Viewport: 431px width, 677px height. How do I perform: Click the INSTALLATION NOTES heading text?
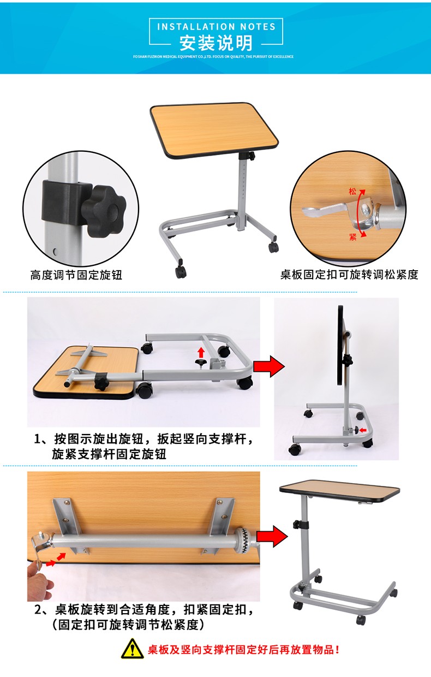216,27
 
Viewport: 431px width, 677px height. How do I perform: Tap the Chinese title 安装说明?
216,43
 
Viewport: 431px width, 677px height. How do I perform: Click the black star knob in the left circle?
104,211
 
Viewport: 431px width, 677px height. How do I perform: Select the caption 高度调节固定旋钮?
76,275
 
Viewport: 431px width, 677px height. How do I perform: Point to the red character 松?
352,191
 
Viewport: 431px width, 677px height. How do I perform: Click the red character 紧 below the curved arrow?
353,236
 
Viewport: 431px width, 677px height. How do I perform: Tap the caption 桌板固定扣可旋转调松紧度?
349,275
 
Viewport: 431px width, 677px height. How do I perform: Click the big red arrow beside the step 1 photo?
269,366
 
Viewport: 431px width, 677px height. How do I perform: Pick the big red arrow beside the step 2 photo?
272,536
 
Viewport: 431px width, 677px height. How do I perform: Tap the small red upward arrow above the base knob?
201,352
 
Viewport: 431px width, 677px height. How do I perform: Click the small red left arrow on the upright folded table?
363,430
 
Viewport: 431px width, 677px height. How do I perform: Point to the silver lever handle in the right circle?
325,210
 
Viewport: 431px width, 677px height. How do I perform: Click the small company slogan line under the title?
213,57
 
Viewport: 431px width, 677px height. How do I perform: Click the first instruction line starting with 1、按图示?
144,439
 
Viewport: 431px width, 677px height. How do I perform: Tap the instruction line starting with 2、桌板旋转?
144,610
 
